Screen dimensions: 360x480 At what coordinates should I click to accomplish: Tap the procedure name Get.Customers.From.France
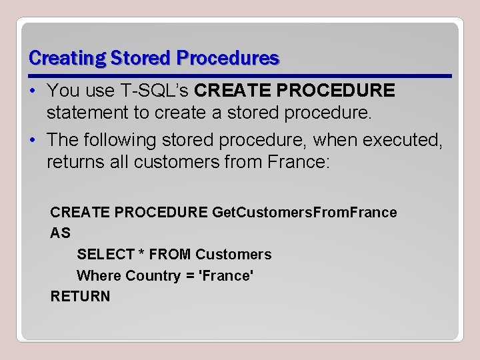point(304,213)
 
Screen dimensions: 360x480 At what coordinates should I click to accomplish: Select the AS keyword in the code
point(60,233)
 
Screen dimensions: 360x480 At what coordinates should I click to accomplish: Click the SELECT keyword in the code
point(105,255)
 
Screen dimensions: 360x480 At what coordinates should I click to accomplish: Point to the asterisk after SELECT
point(141,253)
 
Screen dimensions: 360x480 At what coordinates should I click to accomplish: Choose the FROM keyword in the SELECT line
point(170,255)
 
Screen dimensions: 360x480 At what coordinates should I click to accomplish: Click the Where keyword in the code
point(99,276)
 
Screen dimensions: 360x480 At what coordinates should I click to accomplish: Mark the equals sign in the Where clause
point(190,276)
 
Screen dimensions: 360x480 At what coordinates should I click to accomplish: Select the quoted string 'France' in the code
point(227,276)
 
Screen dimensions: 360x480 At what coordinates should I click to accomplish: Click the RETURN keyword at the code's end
point(80,297)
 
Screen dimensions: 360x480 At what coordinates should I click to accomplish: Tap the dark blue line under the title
point(240,74)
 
